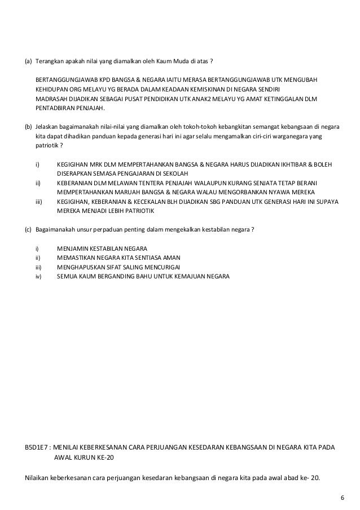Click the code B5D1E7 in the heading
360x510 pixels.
pyautogui.click(x=36, y=447)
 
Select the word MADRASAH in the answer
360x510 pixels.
pyautogui.click(x=52, y=99)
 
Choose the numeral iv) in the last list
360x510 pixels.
pyautogui.click(x=38, y=277)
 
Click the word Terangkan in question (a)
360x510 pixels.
pyautogui.click(x=50, y=60)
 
